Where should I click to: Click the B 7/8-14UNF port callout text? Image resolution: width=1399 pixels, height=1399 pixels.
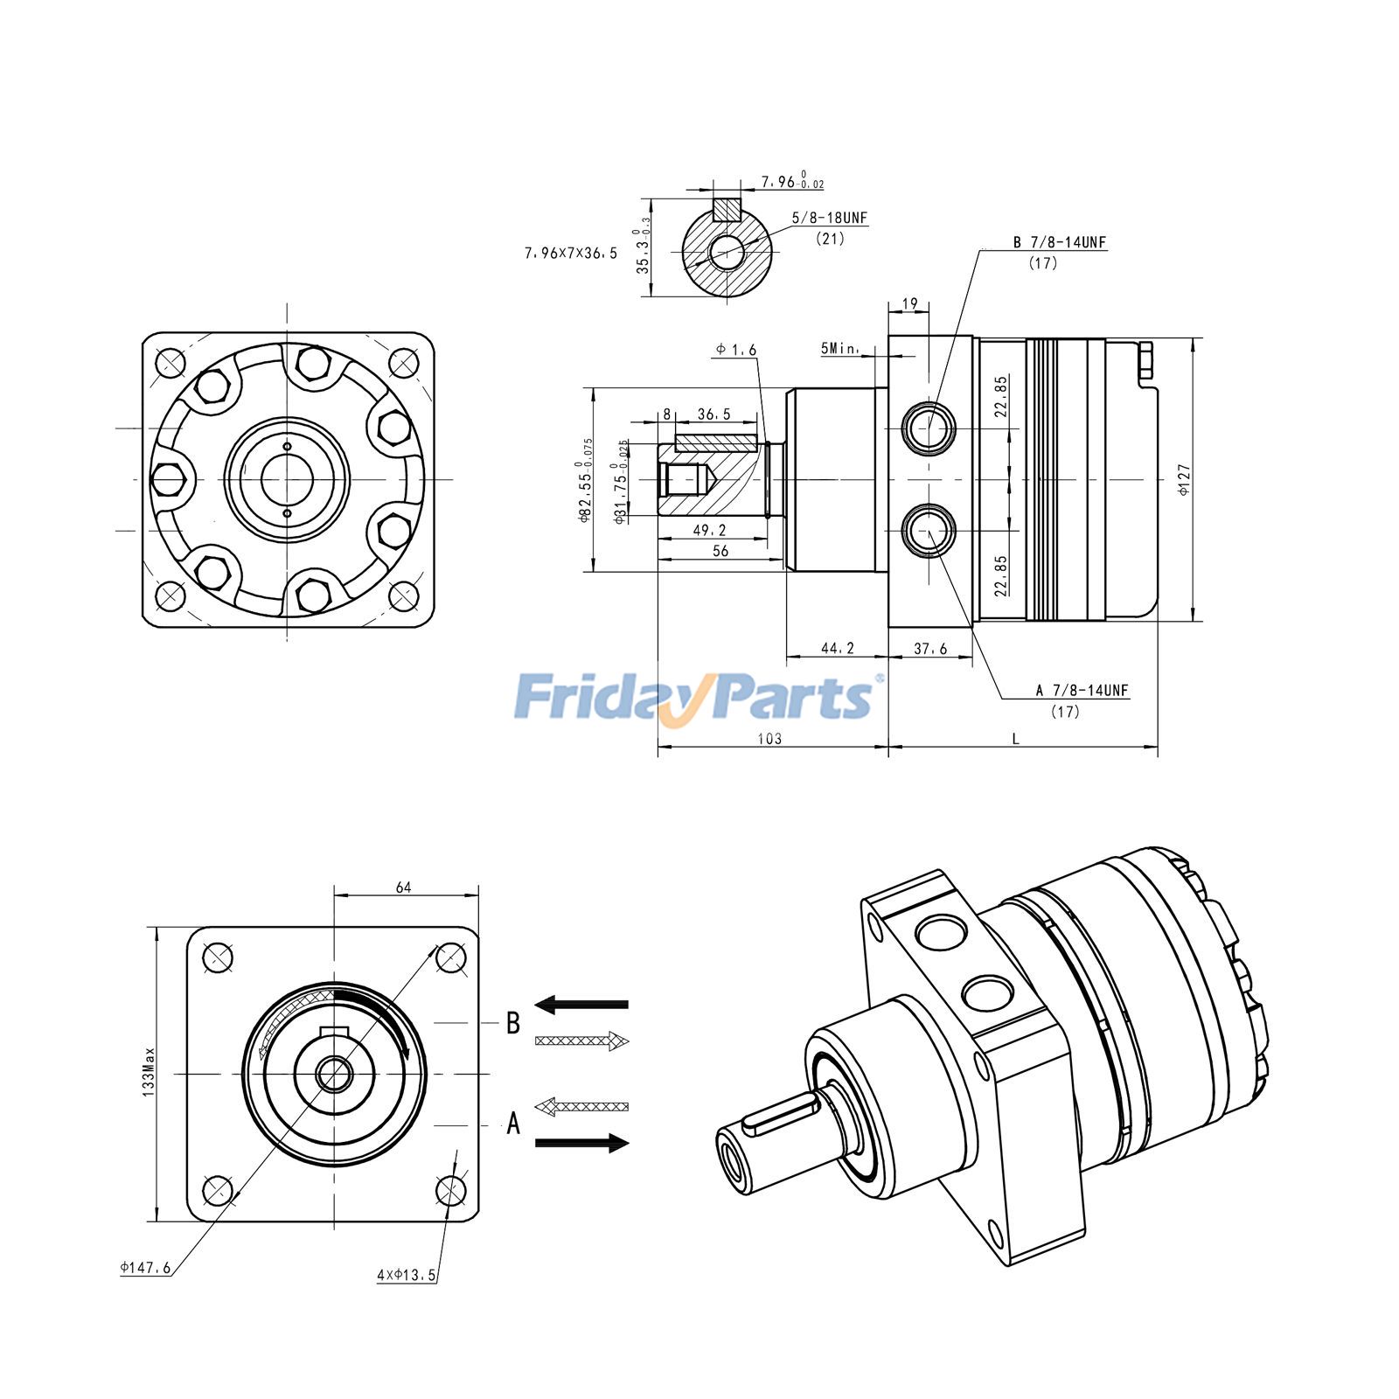coord(1060,242)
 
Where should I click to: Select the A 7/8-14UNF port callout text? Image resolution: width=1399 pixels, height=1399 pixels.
coord(1082,690)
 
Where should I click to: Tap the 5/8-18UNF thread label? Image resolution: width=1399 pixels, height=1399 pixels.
coord(830,218)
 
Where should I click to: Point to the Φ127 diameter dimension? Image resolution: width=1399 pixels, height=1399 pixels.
coord(1185,480)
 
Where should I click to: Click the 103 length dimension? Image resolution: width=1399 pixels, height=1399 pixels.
coord(769,739)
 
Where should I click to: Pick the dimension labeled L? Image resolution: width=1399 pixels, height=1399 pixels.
coord(1015,739)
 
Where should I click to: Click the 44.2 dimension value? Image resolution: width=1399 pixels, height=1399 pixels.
coord(837,648)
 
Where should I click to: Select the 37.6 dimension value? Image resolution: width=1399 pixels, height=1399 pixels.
coord(930,648)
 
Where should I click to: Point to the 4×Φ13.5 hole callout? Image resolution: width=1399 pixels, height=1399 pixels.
coord(406,1275)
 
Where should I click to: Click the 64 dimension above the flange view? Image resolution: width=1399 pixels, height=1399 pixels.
coord(403,887)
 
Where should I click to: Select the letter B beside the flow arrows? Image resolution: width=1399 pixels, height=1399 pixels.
coord(513,1023)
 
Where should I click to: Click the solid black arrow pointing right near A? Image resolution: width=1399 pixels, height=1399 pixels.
coord(581,1143)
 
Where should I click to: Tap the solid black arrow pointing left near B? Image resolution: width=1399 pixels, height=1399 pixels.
coord(581,1004)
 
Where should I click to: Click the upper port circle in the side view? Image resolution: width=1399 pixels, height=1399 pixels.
coord(929,428)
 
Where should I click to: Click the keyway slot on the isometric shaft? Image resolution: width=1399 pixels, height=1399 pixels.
coord(781,1114)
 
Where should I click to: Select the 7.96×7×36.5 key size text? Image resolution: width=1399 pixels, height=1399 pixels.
coord(570,254)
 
